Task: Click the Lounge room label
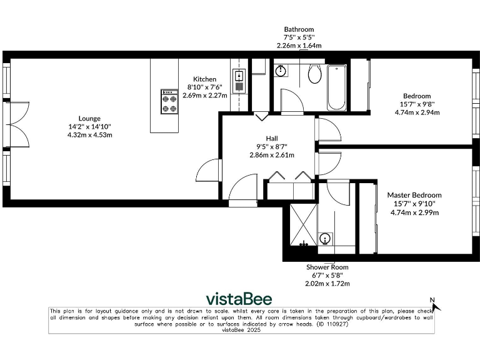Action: (x=89, y=118)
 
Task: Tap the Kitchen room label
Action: (x=204, y=79)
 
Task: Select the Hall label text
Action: (x=272, y=138)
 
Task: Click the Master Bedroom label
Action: (x=414, y=195)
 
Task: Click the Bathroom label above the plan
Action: (x=299, y=29)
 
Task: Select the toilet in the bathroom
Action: (x=314, y=75)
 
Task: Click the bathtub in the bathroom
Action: (x=335, y=87)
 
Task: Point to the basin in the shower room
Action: (x=325, y=239)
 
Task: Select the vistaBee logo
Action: (x=239, y=298)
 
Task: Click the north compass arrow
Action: (x=435, y=306)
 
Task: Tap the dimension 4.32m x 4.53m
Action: (x=89, y=134)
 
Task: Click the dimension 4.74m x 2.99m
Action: (x=414, y=212)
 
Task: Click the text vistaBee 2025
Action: (x=241, y=331)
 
